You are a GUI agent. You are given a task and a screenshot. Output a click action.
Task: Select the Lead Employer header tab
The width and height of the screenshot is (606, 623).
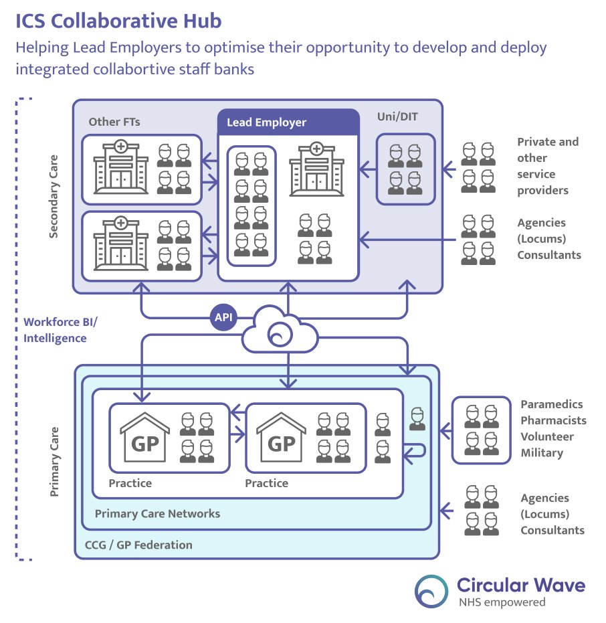coord(288,122)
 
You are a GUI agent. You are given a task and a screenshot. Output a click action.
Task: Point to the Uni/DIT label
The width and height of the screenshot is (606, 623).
coord(397,116)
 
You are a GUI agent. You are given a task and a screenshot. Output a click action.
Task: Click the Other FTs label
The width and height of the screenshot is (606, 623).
coord(114,122)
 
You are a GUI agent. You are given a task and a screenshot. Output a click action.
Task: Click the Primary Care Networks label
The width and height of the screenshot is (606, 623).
coord(157,514)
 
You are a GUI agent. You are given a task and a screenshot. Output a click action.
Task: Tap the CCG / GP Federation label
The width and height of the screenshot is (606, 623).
coord(138,545)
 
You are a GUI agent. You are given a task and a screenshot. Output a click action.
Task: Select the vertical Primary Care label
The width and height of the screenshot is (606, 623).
coord(55,462)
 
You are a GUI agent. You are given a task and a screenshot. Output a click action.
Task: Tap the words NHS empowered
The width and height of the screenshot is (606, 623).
coord(501,602)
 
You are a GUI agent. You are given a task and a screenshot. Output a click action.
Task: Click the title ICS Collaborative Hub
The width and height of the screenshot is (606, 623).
coord(119,21)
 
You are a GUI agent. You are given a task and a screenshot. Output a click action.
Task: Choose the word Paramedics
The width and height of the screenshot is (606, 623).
coord(552,405)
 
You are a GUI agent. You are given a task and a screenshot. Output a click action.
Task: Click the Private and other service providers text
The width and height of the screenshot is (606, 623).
coord(547,166)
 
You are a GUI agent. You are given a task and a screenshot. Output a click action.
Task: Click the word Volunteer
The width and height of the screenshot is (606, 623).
coord(547,437)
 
